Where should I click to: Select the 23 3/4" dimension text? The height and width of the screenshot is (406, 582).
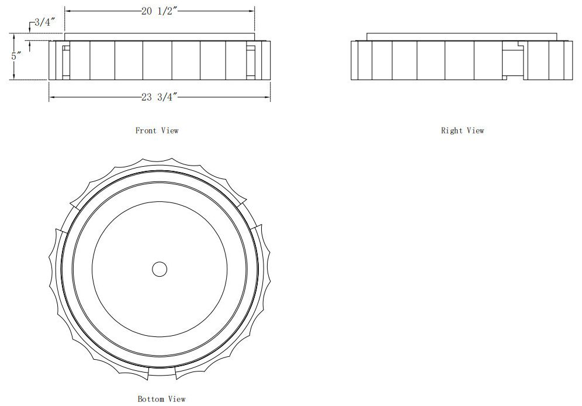159,97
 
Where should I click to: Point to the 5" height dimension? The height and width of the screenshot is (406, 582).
17,57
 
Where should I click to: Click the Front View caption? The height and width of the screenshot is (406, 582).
157,130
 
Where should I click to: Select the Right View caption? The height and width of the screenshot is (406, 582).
462,130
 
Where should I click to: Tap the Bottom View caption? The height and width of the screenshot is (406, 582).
161,399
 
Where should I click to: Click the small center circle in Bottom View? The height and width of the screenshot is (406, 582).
160,269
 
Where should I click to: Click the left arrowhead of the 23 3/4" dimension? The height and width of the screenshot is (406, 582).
51,98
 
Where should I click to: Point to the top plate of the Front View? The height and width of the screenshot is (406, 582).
159,36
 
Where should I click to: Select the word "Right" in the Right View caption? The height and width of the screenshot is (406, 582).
451,130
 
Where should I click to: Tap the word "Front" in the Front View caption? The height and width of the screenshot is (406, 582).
146,130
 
